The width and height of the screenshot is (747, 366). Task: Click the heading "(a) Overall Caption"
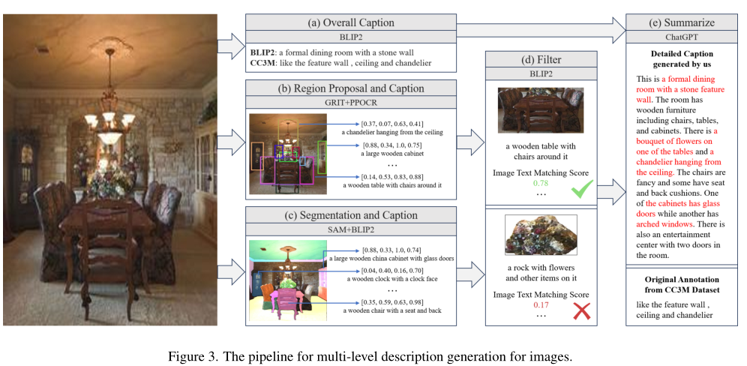tap(351, 21)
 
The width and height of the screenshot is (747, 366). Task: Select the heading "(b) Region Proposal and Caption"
tap(350, 88)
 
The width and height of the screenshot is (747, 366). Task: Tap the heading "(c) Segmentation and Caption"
tap(350, 215)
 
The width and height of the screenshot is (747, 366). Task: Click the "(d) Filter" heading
tap(541, 60)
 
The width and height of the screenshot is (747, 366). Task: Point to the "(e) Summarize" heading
tap(679, 21)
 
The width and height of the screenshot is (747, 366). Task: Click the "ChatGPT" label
tap(679, 36)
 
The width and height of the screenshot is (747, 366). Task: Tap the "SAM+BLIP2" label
tap(350, 229)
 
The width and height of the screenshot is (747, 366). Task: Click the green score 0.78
tap(540, 184)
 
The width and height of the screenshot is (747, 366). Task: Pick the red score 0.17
tap(540, 305)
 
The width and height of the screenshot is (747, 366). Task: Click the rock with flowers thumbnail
tap(539, 235)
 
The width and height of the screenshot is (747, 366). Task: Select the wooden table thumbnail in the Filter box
tap(540, 110)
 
